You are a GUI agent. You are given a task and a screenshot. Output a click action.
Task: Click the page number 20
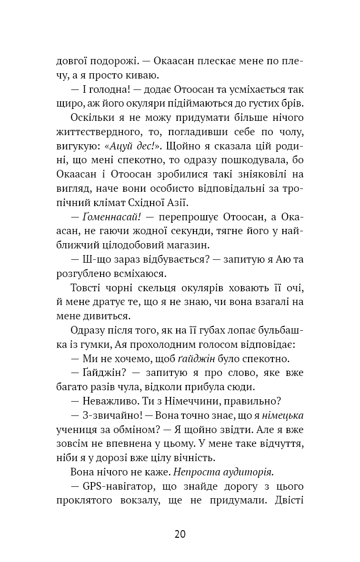180,533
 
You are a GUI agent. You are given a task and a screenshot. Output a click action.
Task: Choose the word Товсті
84,288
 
